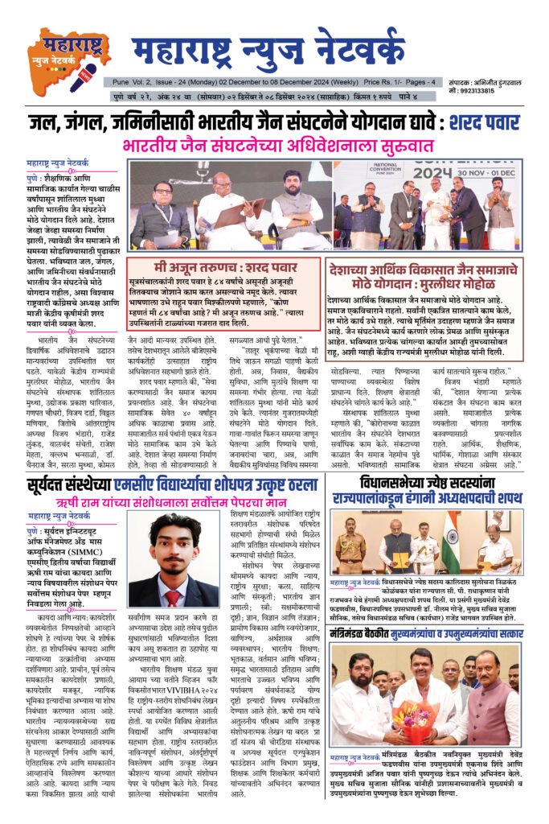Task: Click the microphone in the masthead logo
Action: pos(82,77)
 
